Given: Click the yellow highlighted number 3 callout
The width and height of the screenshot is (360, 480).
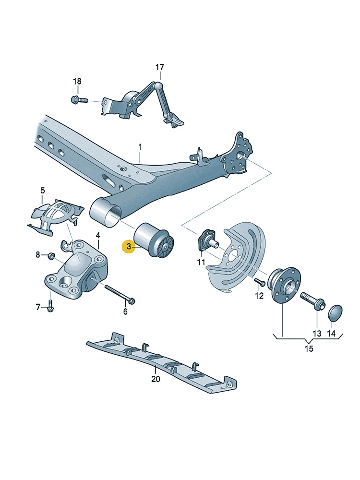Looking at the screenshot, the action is [x=129, y=246].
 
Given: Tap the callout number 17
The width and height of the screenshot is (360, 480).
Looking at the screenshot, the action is [x=160, y=67].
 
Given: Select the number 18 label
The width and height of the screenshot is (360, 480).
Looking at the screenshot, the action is [x=77, y=82].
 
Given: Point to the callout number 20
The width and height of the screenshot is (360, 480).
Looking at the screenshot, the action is [x=156, y=379].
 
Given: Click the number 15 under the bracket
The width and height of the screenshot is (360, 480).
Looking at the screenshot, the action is [x=309, y=348].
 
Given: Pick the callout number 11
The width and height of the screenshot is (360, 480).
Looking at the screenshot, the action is [x=201, y=262].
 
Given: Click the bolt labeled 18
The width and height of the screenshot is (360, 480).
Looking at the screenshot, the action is [x=79, y=100].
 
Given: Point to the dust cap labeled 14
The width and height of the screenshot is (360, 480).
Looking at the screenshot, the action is [x=335, y=313].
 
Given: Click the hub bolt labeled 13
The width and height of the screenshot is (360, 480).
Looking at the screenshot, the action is [x=313, y=300].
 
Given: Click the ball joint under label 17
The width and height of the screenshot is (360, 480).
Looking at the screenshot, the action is [x=159, y=85].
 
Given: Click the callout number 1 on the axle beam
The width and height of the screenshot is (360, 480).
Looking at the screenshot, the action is [x=140, y=147].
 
